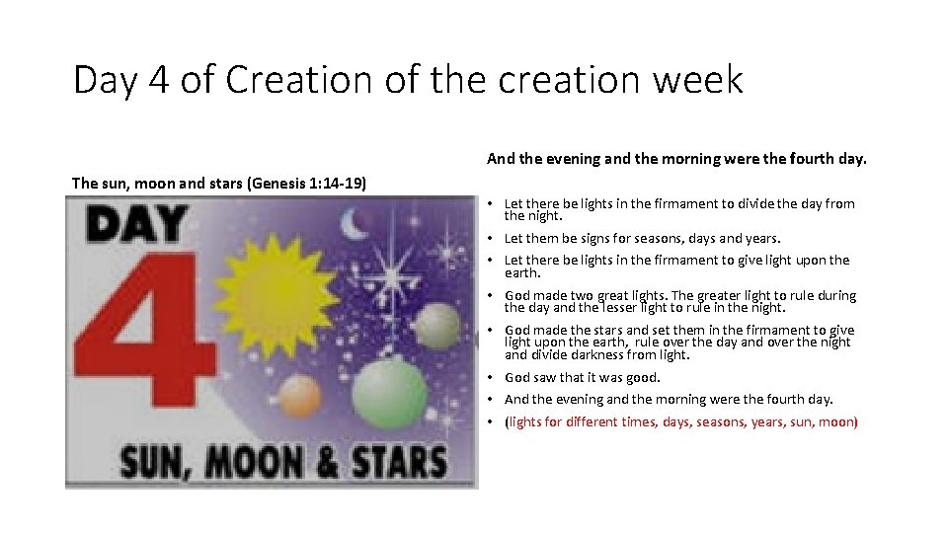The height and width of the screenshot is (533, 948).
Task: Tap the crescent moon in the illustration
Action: tap(354, 226)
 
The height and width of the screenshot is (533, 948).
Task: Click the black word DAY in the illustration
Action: tap(138, 225)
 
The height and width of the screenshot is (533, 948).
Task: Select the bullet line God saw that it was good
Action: tap(582, 377)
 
